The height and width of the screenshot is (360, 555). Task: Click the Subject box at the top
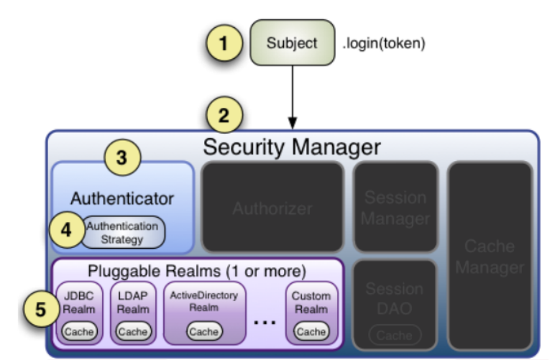[x=292, y=42]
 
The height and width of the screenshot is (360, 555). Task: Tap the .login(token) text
[x=385, y=43]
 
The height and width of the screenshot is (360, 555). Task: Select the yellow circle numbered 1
[x=223, y=42]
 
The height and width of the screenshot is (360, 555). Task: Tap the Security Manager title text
[x=291, y=147]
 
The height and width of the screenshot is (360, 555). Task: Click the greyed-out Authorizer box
[x=272, y=208]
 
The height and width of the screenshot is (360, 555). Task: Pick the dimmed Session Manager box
[x=395, y=208]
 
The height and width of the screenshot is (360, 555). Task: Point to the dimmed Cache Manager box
[x=490, y=257]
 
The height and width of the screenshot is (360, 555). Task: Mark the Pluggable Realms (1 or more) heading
[x=196, y=272]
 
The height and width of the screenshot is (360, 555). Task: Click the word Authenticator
[x=122, y=198]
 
